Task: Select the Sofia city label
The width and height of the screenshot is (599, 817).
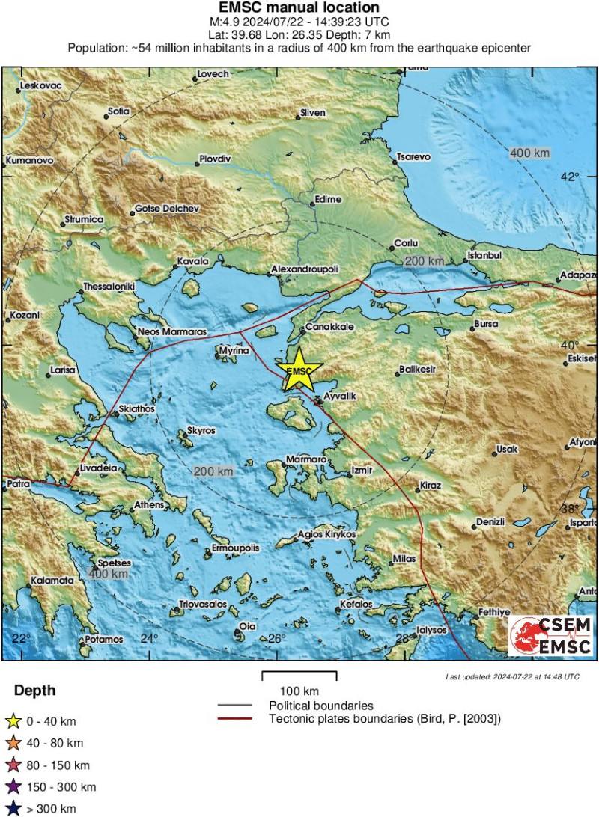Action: click(118, 111)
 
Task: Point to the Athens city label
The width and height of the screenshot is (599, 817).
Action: click(148, 506)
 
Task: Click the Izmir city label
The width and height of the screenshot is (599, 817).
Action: click(361, 471)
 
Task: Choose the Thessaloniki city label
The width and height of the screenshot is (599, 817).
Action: click(108, 287)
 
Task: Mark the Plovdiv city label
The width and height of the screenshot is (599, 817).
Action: click(215, 159)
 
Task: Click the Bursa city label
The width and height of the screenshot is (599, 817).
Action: click(485, 325)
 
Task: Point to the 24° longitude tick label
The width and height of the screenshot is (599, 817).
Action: click(150, 638)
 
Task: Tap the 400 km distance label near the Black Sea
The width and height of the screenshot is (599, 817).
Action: click(529, 153)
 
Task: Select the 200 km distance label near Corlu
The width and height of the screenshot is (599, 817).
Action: click(424, 261)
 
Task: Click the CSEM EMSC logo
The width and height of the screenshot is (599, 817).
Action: click(551, 635)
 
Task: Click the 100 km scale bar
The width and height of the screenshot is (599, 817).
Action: click(299, 676)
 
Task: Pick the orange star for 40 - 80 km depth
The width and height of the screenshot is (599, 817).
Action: click(13, 743)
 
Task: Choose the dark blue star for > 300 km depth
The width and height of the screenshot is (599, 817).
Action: click(13, 808)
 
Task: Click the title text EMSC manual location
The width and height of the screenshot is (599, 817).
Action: click(299, 8)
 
